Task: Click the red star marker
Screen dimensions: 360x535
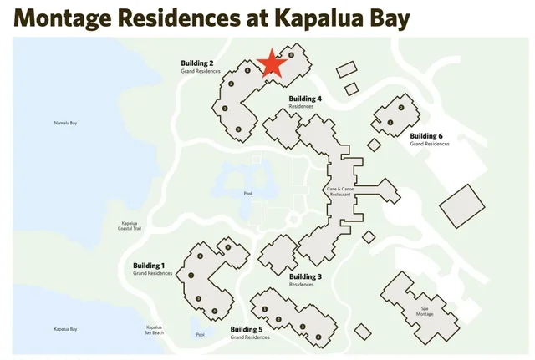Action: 271,64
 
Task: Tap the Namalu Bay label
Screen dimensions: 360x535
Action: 65,123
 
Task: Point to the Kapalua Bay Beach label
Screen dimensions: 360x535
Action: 154,330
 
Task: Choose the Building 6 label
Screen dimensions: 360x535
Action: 426,135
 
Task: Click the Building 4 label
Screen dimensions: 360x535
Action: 305,99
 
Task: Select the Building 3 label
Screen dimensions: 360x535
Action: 305,276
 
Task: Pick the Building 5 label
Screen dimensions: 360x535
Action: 247,329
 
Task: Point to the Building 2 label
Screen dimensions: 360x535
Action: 197,63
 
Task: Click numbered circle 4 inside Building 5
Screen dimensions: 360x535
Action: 318,337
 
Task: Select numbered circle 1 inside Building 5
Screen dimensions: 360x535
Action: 264,309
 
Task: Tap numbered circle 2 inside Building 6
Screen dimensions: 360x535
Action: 401,108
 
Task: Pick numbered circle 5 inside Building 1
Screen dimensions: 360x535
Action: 215,312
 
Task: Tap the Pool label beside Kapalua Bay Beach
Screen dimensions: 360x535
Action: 200,335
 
